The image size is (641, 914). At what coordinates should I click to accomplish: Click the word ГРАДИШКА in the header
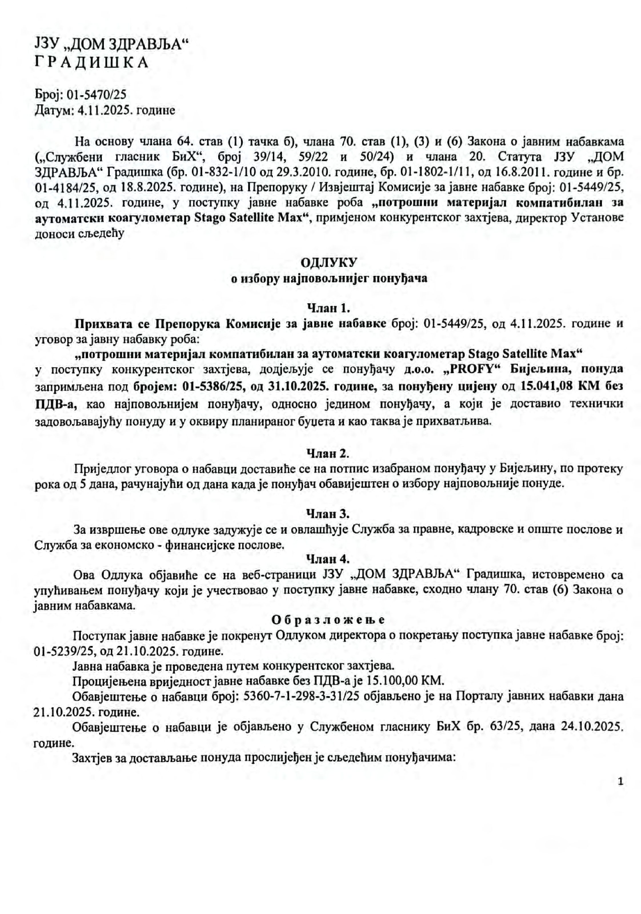point(92,63)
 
